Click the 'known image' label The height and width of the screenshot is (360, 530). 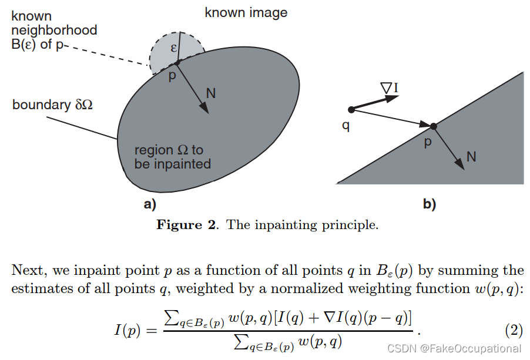246,12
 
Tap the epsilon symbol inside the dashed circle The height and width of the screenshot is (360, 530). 174,48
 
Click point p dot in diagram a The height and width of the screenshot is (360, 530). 177,62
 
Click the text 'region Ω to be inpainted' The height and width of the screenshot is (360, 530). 173,157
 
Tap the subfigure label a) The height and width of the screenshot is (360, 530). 148,204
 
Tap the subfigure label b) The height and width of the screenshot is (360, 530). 429,204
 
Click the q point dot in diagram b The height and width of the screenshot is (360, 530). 351,109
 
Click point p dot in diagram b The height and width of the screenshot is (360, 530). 433,126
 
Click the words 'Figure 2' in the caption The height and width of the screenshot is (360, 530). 188,225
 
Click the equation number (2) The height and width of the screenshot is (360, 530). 514,330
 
